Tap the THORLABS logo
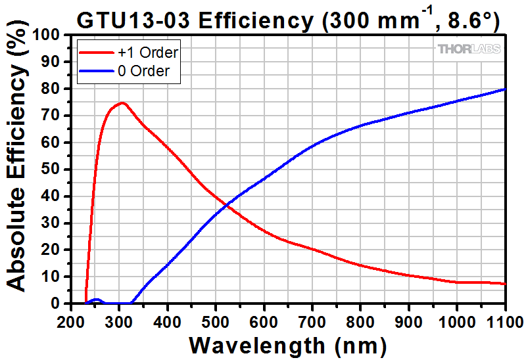tap(469, 49)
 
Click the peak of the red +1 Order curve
tap(122, 102)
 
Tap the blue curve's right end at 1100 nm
tap(505, 89)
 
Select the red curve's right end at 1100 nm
tap(505, 284)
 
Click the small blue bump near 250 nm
tap(96, 300)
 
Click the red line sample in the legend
tap(95, 52)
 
